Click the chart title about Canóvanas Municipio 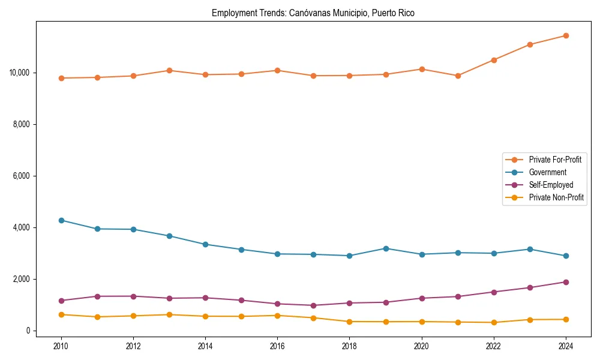(313, 13)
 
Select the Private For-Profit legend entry (555, 160)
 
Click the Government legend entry (547, 172)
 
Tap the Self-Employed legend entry (551, 185)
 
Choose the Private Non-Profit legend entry (556, 197)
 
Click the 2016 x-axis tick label (277, 346)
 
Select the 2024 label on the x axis (566, 346)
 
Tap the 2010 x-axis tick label (61, 346)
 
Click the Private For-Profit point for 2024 (566, 35)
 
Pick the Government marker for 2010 (61, 220)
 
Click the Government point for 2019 (386, 248)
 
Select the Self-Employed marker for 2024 (566, 282)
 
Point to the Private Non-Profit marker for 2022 (494, 323)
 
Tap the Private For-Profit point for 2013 (169, 70)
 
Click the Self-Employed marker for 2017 (313, 305)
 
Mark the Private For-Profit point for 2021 (458, 76)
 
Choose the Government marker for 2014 (205, 244)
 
